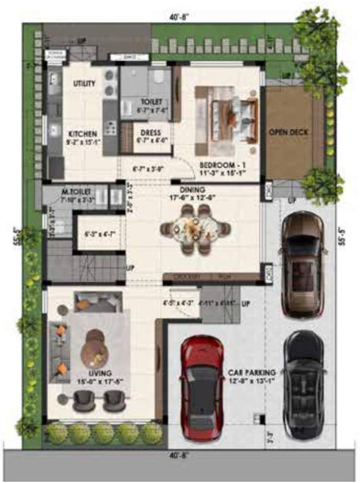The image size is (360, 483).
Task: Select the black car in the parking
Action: pyautogui.click(x=303, y=384)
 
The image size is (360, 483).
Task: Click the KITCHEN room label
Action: pyautogui.click(x=83, y=134)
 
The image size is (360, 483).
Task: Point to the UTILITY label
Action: pyautogui.click(x=84, y=83)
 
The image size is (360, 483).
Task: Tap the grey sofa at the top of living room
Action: pyautogui.click(x=95, y=303)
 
